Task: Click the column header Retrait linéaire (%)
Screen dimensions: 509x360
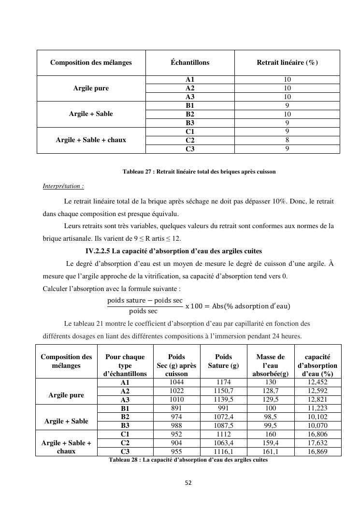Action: click(287, 62)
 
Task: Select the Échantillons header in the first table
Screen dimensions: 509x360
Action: click(190, 62)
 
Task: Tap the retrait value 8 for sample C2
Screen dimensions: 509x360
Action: click(287, 140)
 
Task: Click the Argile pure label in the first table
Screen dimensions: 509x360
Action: click(91, 88)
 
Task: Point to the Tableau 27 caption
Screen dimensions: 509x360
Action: click(199, 172)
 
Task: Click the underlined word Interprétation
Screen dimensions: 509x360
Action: click(63, 186)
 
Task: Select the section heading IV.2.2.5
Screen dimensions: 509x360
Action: click(173, 251)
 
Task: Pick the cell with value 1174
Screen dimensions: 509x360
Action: click(223, 382)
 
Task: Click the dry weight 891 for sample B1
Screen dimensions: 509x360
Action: click(176, 408)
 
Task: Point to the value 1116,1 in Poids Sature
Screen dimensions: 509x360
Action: click(223, 451)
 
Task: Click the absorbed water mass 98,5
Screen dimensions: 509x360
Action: click(271, 417)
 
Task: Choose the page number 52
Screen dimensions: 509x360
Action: click(188, 482)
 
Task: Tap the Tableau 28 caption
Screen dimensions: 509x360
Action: click(188, 460)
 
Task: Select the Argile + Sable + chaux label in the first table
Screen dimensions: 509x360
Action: click(91, 140)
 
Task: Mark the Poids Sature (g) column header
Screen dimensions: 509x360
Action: click(223, 361)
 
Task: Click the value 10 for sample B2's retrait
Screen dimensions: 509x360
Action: click(287, 114)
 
